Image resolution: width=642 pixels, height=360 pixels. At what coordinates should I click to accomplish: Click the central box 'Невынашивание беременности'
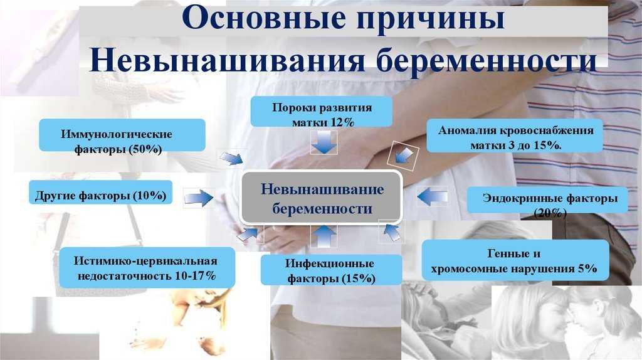(x=322, y=198)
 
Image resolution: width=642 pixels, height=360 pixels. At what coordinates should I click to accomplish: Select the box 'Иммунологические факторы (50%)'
(x=122, y=135)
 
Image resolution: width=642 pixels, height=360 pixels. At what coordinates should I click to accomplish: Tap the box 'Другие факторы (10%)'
(x=101, y=192)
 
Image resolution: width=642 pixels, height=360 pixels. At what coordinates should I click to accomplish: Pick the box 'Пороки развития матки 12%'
(x=322, y=112)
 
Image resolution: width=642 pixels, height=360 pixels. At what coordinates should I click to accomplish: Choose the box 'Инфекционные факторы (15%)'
(x=331, y=270)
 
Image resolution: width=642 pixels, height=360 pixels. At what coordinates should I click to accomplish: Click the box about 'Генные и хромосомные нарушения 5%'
(x=515, y=260)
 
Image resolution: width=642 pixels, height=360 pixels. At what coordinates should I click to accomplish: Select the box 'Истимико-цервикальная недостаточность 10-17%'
(x=147, y=267)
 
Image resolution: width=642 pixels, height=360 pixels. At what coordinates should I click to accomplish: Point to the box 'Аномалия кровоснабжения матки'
(x=515, y=135)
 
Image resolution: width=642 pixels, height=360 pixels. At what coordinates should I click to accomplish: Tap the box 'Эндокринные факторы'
(x=547, y=200)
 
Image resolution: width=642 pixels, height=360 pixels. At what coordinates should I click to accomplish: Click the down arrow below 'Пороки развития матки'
(x=324, y=142)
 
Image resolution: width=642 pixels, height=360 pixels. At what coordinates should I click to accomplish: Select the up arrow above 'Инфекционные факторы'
(x=324, y=236)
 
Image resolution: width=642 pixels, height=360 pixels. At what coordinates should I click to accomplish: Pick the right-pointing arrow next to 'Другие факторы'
(x=199, y=198)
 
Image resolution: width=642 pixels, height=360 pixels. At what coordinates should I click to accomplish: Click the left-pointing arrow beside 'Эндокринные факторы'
(x=432, y=196)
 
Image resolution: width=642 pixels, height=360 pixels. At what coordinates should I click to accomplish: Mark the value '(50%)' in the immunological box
(x=145, y=149)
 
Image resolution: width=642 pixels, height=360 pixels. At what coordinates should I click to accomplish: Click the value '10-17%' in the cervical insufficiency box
(x=196, y=275)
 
